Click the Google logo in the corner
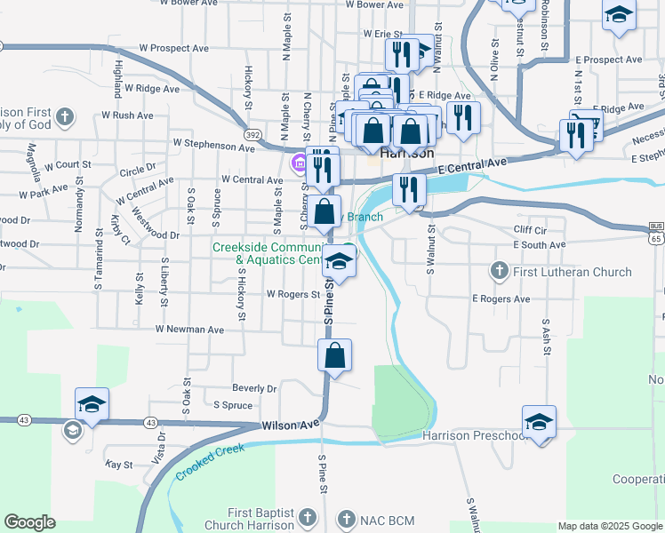[29, 522]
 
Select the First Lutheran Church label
[562, 270]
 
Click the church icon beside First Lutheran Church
[499, 269]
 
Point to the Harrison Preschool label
[476, 436]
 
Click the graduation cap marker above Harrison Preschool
[539, 422]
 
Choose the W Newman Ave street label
[188, 329]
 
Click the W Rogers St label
[292, 294]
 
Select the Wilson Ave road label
[291, 426]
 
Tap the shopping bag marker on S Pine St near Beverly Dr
[334, 355]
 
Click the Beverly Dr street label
[254, 388]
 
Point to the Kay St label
[118, 465]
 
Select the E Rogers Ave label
[501, 299]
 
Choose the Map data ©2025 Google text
[609, 526]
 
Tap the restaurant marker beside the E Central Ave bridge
[408, 188]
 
